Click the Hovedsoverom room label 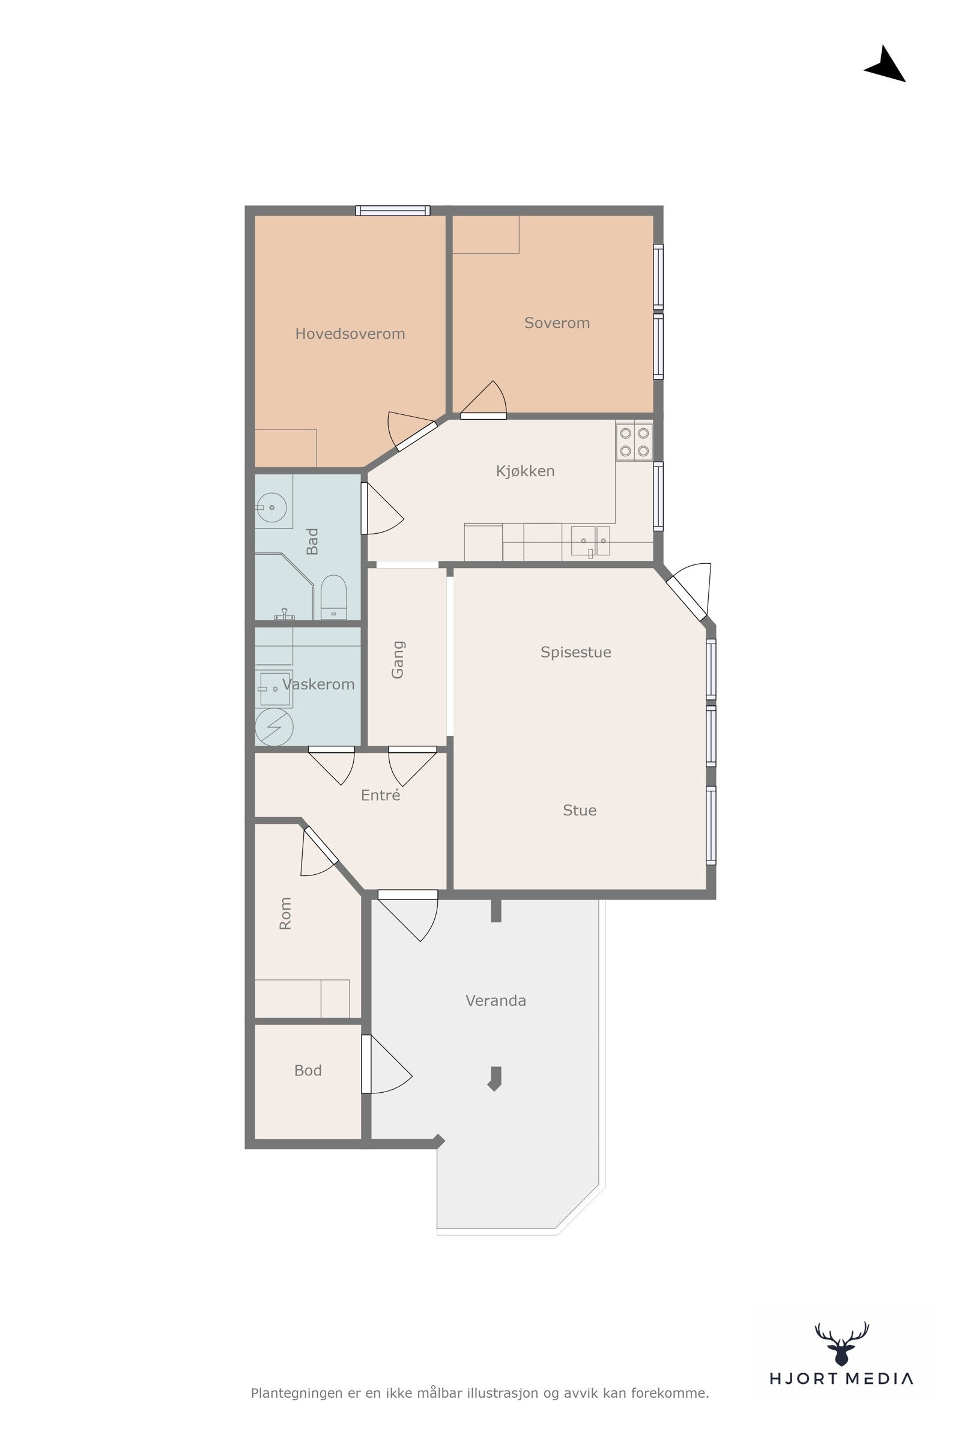pos(350,334)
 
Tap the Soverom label pos(557,323)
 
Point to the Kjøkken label pos(525,471)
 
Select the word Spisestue pos(575,653)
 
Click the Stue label pos(579,811)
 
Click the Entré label pos(380,794)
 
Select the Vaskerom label pos(318,684)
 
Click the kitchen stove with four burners pos(634,442)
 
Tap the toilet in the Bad pos(333,597)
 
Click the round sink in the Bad pos(271,507)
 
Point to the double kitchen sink pos(590,540)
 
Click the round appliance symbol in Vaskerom pos(274,727)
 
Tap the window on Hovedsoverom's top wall pos(393,211)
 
